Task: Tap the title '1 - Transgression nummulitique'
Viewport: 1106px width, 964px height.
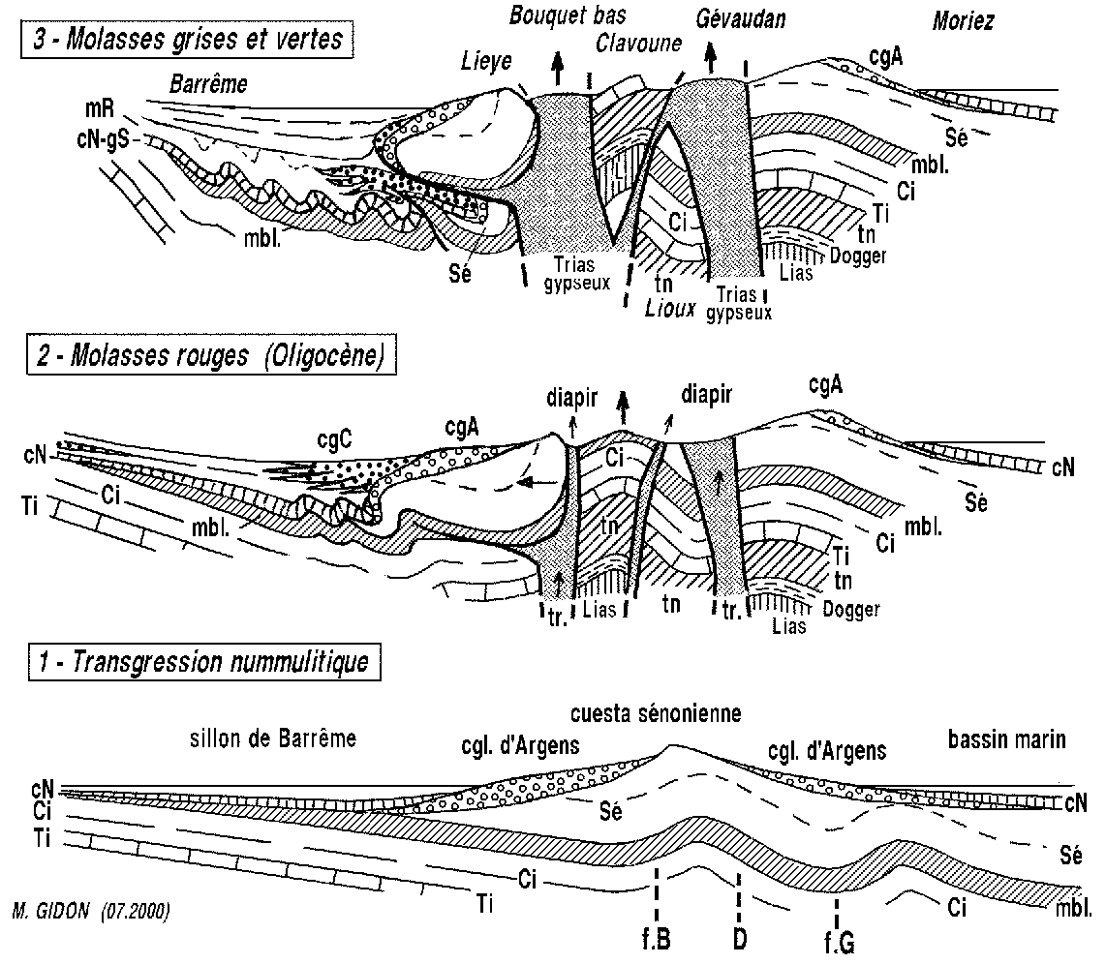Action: (x=197, y=663)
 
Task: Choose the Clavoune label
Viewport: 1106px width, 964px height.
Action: (x=640, y=43)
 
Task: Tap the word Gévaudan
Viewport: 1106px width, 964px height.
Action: (x=740, y=18)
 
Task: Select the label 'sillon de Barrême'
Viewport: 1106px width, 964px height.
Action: (x=273, y=739)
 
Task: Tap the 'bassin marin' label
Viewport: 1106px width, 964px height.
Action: (x=1006, y=740)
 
